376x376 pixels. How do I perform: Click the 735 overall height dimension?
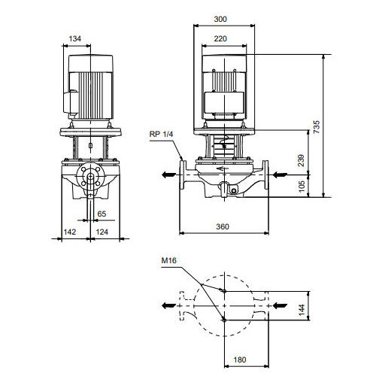[317, 127]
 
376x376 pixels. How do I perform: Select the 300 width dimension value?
[220, 19]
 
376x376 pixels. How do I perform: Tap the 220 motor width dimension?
[220, 38]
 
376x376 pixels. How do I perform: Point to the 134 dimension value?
[75, 38]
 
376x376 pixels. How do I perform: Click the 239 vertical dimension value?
[301, 160]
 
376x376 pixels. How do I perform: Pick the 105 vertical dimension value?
[302, 186]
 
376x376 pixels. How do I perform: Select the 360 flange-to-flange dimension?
[223, 226]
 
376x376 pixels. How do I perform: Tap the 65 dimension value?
[102, 214]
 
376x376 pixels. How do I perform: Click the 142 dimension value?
[69, 232]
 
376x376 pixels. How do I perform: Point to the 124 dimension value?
[102, 232]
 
